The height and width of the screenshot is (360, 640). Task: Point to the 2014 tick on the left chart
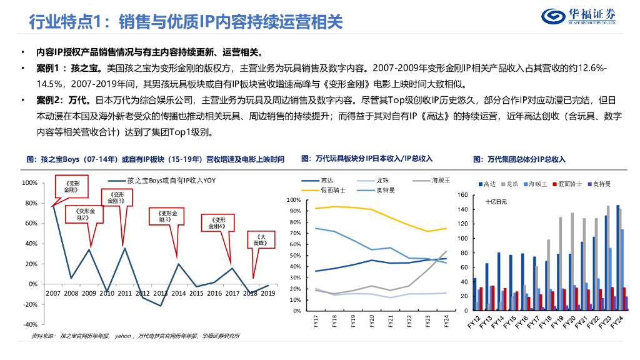tap(178, 292)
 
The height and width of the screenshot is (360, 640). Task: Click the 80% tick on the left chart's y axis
tap(29, 203)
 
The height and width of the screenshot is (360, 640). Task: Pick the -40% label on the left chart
tap(29, 324)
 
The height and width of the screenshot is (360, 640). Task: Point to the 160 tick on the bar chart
tap(462, 195)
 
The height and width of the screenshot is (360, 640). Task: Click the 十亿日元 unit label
tap(496, 202)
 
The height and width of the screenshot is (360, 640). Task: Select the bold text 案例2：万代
tap(59, 99)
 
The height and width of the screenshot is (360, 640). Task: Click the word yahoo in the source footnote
tap(122, 336)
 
